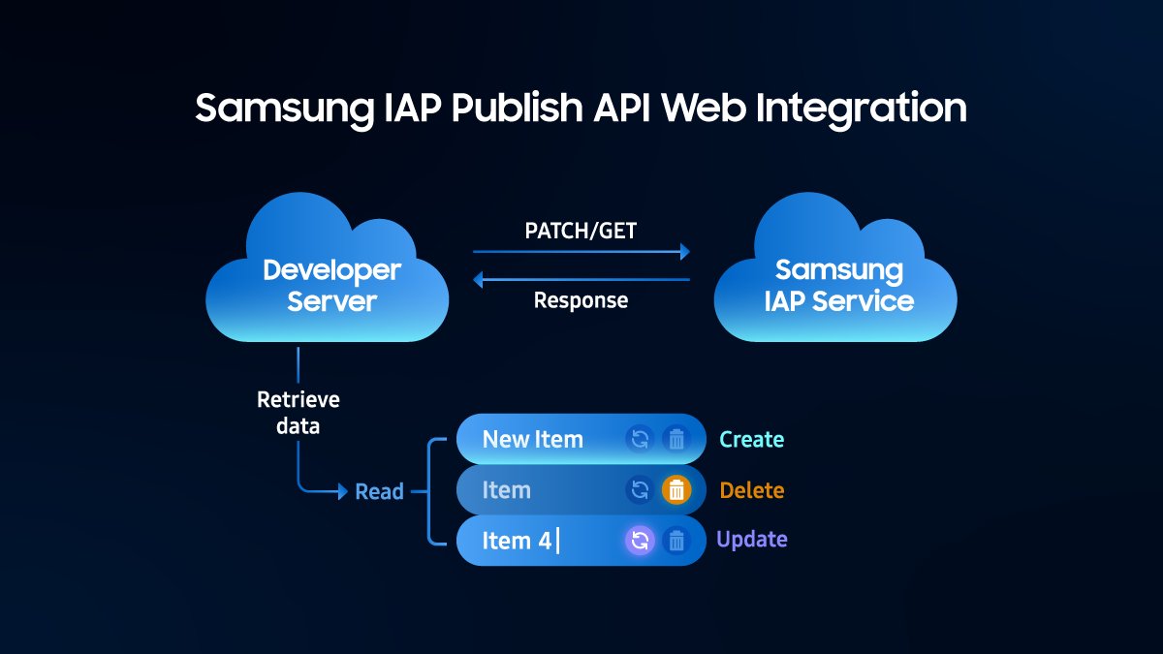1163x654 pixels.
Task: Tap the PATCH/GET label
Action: tap(581, 231)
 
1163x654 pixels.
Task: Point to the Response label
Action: tap(581, 300)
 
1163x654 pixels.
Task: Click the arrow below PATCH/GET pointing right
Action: tap(581, 252)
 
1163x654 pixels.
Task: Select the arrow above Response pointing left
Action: tap(581, 280)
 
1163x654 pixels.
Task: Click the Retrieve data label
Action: tap(298, 412)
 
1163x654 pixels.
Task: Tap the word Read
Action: tap(379, 492)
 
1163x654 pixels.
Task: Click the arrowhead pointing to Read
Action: tap(342, 492)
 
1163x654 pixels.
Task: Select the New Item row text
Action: tap(532, 439)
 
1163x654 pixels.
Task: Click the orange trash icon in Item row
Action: tap(676, 490)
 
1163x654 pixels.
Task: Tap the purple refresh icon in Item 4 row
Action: tap(640, 541)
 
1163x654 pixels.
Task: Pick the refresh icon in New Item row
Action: tap(640, 439)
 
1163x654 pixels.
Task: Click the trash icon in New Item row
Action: tap(676, 439)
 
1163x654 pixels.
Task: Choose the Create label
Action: tap(751, 439)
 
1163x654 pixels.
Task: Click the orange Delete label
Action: tap(751, 490)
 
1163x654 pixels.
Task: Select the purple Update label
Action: tap(751, 540)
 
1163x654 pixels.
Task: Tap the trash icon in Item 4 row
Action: tap(676, 541)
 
